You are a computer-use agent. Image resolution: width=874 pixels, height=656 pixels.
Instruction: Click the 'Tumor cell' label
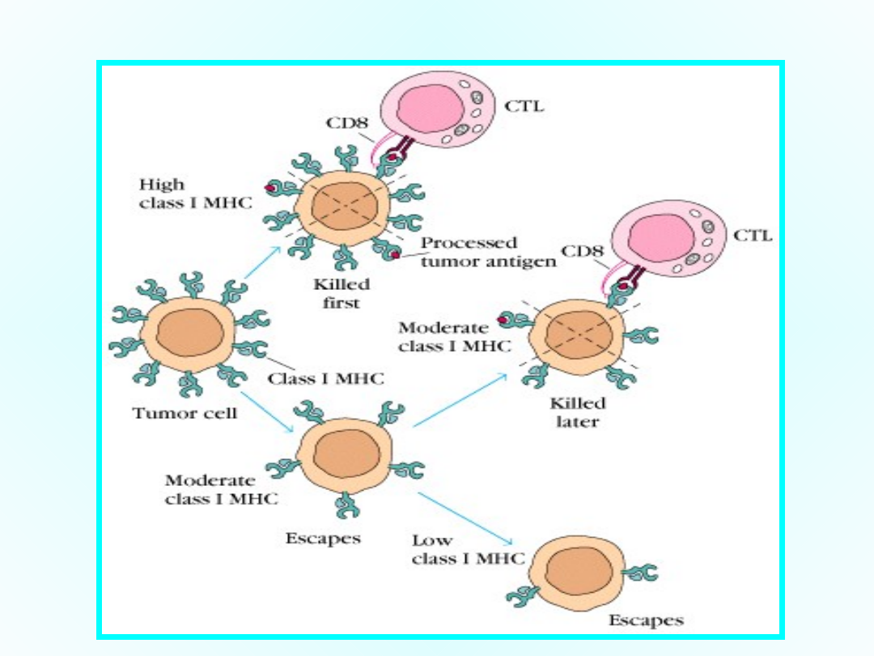[185, 413]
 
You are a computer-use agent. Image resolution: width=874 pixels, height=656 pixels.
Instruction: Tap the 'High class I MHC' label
[195, 194]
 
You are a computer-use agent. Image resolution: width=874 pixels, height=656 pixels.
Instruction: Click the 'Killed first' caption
[342, 293]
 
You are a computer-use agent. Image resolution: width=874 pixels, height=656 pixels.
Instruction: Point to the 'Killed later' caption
[578, 411]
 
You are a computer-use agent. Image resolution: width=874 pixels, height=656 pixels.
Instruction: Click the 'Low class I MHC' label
[468, 549]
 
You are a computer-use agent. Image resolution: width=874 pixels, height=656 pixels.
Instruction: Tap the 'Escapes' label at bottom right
[646, 620]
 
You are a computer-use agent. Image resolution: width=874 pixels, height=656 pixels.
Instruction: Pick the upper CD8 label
[346, 124]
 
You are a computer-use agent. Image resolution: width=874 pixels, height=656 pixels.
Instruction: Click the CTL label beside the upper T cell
[524, 105]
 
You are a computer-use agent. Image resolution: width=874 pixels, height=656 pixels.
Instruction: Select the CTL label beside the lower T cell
[753, 236]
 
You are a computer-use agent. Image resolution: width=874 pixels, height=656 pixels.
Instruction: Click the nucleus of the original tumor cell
[187, 334]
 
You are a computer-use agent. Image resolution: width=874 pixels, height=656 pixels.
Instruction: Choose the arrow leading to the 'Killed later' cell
[461, 400]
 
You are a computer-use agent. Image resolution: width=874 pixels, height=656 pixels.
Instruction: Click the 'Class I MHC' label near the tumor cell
[326, 378]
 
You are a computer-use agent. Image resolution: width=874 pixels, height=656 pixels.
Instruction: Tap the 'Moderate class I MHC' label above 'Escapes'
[221, 490]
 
